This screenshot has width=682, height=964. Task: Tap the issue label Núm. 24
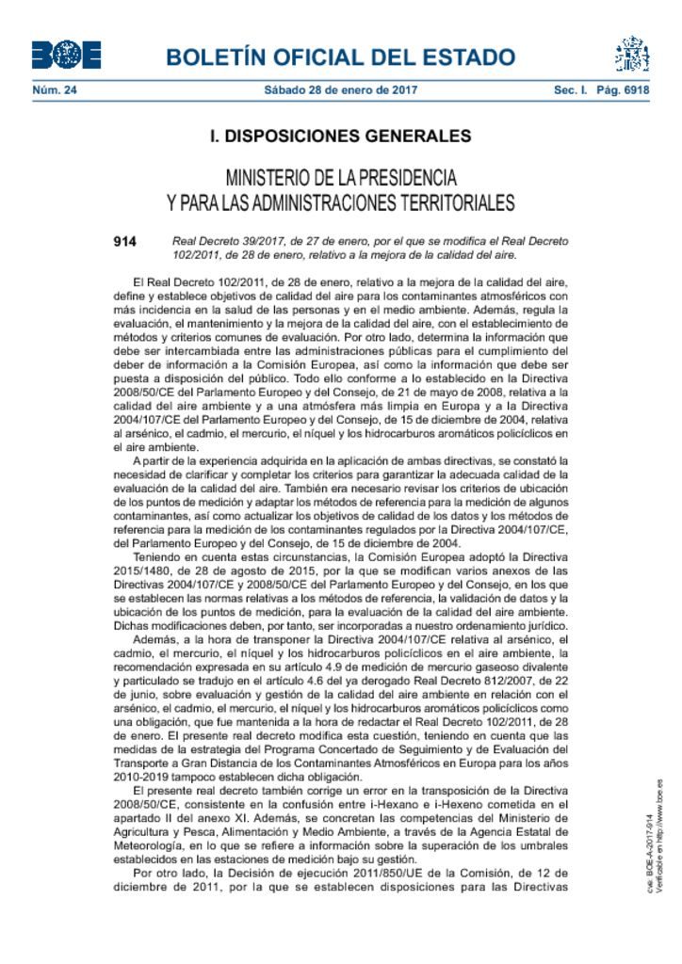pos(54,91)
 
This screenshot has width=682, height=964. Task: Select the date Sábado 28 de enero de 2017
pos(341,91)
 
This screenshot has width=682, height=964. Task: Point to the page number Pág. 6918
pos(623,91)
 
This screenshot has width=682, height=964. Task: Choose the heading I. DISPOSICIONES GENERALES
pos(341,137)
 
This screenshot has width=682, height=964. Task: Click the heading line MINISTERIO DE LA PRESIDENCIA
pos(341,178)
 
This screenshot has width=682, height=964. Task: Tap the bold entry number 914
pos(124,241)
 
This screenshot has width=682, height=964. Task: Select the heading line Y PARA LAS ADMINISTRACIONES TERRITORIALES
pos(341,202)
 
